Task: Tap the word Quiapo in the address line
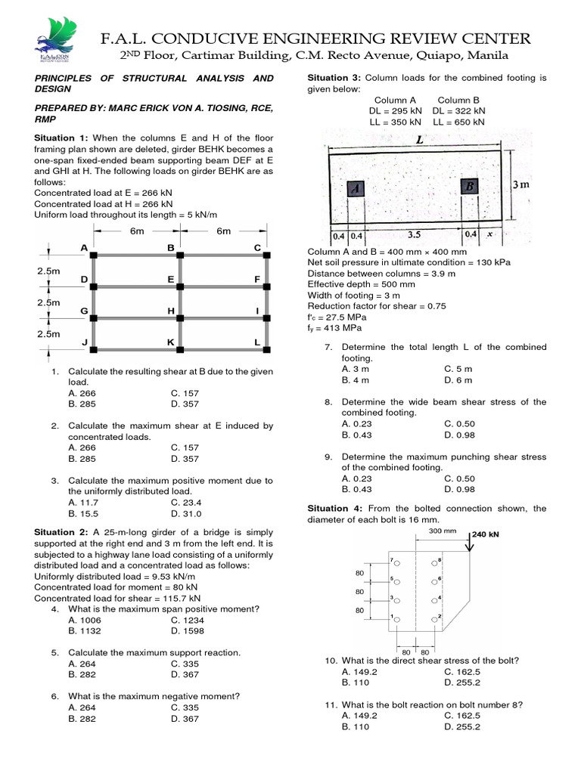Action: pos(429,56)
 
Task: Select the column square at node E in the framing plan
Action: pos(180,287)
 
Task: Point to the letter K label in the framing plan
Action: pos(171,342)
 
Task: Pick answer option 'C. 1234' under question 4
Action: pos(187,620)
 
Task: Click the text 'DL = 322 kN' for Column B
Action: pos(458,110)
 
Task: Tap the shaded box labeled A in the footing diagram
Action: pos(356,189)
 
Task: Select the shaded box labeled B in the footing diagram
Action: pos(469,187)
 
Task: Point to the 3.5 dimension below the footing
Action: pos(414,235)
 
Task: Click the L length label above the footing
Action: pos(418,139)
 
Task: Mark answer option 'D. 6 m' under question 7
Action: pos(458,380)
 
